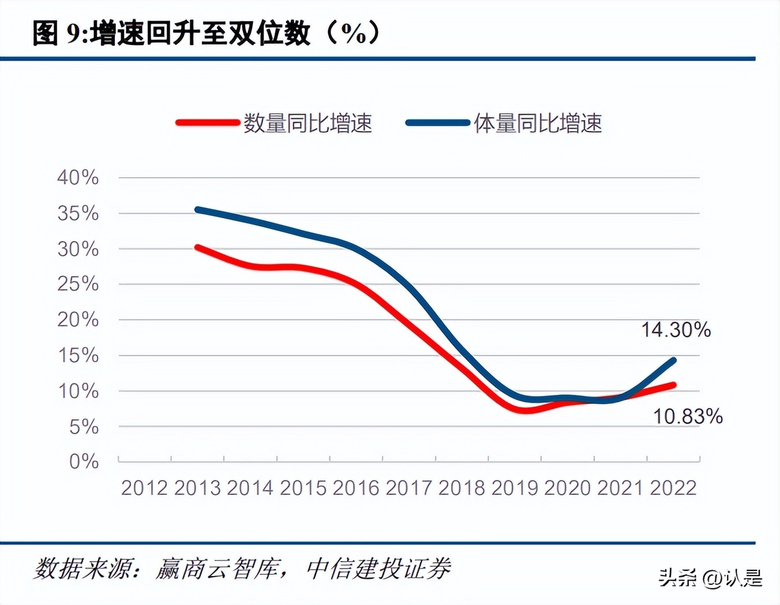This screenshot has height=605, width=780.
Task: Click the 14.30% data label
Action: (x=676, y=330)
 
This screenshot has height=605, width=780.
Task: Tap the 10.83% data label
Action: (x=687, y=416)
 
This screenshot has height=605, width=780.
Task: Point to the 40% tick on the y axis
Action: (x=78, y=177)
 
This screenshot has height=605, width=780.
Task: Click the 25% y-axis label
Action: (x=78, y=284)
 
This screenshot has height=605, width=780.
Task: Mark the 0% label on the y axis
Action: (x=84, y=461)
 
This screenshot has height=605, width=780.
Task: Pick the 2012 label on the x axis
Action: (x=144, y=488)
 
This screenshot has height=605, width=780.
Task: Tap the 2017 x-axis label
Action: (x=408, y=488)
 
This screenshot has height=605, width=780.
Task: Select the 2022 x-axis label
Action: (x=673, y=488)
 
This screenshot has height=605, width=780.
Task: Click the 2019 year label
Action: (x=515, y=488)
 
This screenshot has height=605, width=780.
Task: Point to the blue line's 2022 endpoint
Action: (x=673, y=360)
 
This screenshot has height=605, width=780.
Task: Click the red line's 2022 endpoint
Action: (x=673, y=385)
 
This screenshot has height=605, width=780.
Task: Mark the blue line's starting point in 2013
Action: (x=197, y=210)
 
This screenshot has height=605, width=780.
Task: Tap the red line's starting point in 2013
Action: (x=197, y=248)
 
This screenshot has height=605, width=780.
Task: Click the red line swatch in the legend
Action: (x=208, y=123)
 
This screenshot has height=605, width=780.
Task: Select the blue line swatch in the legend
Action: (x=437, y=123)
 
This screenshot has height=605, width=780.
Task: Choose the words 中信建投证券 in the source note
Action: (x=378, y=569)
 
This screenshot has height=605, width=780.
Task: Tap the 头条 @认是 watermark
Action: (x=710, y=578)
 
